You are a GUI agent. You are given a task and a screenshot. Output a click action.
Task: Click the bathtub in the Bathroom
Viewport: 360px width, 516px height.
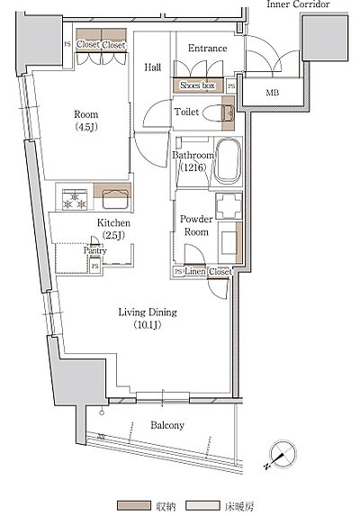[x=228, y=161]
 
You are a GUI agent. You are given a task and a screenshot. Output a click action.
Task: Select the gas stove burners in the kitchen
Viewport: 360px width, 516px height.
[x=75, y=199]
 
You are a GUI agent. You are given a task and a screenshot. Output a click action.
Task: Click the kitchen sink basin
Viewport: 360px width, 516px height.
[x=114, y=199]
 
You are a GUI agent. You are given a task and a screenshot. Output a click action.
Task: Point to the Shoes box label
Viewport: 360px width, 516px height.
[x=197, y=86]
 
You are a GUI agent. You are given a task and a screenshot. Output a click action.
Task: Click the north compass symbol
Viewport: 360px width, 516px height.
[x=282, y=455]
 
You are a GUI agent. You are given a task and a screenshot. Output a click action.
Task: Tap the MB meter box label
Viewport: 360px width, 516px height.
[x=272, y=93]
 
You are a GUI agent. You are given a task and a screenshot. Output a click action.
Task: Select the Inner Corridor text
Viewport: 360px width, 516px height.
[x=298, y=5]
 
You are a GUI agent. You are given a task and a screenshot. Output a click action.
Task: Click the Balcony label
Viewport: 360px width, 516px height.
[x=167, y=425]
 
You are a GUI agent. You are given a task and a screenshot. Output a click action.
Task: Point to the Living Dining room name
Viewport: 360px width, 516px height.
[x=148, y=312]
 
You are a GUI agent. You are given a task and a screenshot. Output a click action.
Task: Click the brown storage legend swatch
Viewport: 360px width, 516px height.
[x=134, y=506]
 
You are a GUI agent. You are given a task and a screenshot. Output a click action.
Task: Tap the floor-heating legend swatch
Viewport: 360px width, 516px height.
[x=202, y=506]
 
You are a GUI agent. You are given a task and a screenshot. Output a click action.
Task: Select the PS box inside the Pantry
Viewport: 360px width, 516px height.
[x=95, y=266]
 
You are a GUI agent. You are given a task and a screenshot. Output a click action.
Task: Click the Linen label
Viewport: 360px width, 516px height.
[x=195, y=271]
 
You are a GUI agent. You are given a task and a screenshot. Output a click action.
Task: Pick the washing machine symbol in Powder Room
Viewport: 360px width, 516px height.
[x=229, y=206]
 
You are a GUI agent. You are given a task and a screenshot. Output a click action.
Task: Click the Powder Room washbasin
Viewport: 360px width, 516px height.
[x=229, y=243]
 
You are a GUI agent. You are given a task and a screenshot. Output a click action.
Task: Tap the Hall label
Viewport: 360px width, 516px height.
[x=153, y=68]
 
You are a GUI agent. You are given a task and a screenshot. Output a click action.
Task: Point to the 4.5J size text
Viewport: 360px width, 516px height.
[x=86, y=127]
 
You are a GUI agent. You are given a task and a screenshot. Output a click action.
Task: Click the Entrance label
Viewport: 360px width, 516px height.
[x=208, y=48]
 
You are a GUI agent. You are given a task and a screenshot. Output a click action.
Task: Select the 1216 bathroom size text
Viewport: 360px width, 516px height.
[x=193, y=167]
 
